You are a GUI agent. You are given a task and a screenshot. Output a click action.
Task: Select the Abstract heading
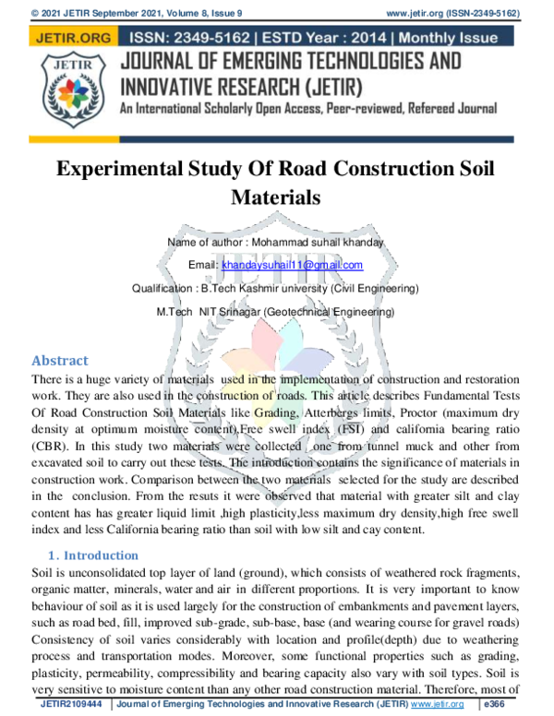coord(60,361)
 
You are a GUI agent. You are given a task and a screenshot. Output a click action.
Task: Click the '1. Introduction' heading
coord(92,555)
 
